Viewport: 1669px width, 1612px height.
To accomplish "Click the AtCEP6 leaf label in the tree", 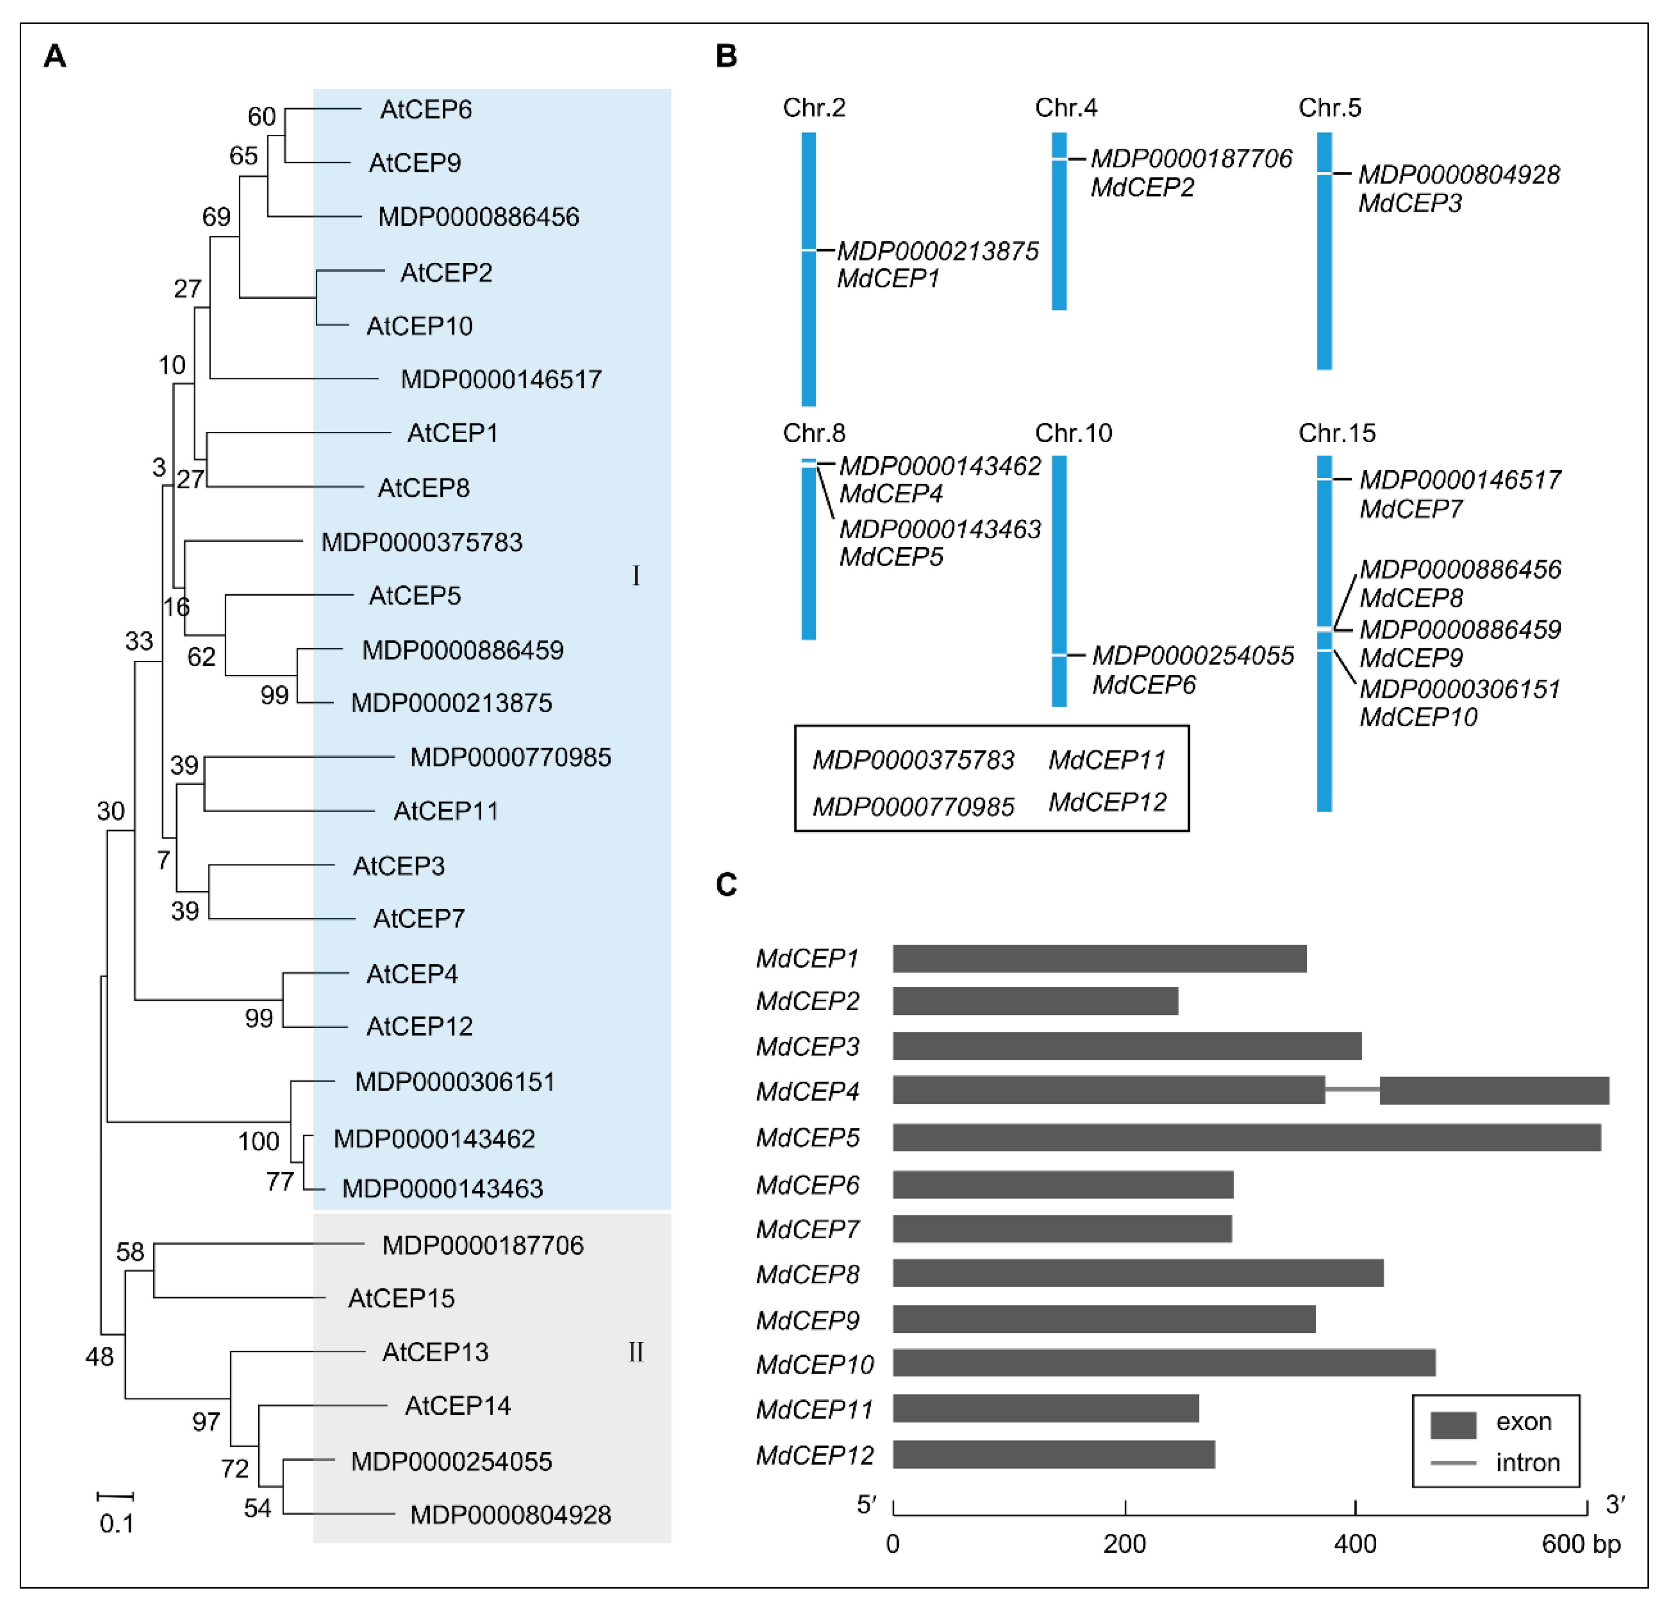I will (426, 110).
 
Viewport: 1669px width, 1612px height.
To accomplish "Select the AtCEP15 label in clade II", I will (401, 1298).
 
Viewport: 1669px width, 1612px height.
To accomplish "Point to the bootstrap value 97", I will (206, 1421).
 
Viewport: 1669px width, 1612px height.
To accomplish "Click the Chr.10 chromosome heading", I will (1073, 433).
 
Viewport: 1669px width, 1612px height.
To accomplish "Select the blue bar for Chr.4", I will (1059, 222).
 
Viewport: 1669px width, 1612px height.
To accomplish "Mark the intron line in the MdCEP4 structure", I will (1352, 1089).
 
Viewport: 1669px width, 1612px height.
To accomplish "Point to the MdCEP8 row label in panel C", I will (807, 1274).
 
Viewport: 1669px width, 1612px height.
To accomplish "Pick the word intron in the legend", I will (1527, 1462).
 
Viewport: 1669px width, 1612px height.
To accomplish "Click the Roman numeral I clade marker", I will (635, 576).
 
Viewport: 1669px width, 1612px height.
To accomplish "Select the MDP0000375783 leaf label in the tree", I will (422, 542).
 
